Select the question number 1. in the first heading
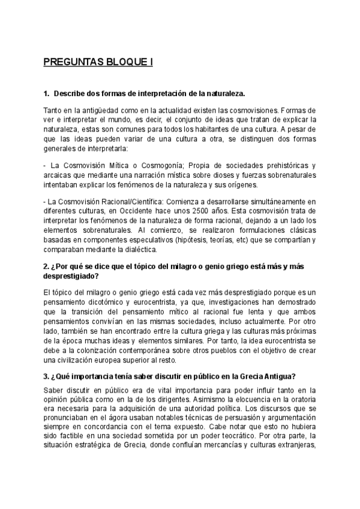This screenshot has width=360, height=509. click(x=47, y=94)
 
